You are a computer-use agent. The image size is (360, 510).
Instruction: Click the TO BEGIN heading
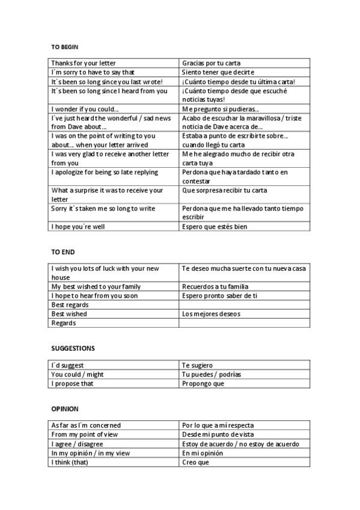(64, 47)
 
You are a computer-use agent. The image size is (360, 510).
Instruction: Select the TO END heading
(63, 252)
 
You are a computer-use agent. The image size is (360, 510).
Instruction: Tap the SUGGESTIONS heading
(73, 348)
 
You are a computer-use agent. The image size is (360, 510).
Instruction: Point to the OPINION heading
(65, 409)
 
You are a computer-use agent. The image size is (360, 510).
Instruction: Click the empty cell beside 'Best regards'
(244, 305)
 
